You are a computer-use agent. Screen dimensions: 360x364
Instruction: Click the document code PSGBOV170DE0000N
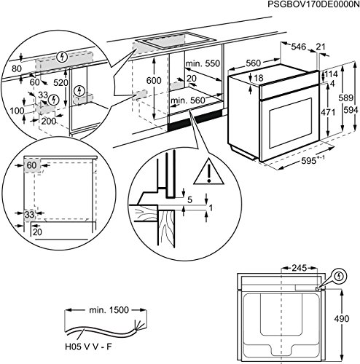[x=313, y=4]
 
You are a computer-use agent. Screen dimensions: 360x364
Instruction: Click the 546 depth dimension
[x=298, y=47]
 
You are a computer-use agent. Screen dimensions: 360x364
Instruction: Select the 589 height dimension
[x=346, y=98]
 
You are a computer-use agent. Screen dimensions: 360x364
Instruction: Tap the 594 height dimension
[x=351, y=110]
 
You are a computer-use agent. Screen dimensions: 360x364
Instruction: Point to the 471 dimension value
[x=328, y=113]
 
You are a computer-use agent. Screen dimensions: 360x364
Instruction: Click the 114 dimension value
[x=331, y=74]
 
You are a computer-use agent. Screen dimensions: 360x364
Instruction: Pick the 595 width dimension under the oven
[x=313, y=161]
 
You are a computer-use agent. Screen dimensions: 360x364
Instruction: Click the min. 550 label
[x=203, y=63]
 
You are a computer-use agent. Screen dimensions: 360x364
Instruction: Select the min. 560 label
[x=188, y=100]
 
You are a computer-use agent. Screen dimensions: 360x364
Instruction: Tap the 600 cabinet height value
[x=154, y=80]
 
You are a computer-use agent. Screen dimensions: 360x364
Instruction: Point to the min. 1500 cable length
[x=109, y=310]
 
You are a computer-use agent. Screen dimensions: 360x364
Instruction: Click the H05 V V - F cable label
[x=88, y=347]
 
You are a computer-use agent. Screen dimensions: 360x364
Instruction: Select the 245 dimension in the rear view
[x=300, y=268]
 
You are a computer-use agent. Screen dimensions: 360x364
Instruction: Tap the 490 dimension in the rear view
[x=342, y=319]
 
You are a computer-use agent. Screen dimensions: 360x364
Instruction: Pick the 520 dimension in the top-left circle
[x=60, y=83]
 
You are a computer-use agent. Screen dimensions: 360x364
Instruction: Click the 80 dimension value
[x=17, y=68]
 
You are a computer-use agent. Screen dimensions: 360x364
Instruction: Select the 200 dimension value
[x=49, y=121]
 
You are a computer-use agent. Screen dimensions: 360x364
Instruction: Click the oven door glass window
[x=291, y=123]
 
